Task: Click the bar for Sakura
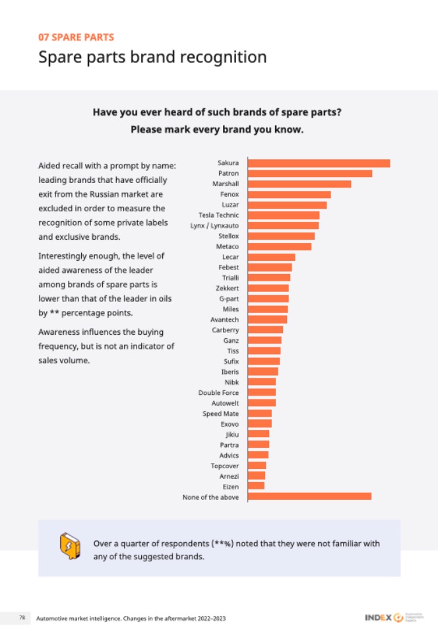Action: pos(319,163)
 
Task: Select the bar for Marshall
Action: pos(299,184)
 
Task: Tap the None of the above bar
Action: pos(309,497)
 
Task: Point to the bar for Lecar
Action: pos(271,257)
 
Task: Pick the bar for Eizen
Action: pos(256,486)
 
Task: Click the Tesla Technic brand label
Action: pos(218,215)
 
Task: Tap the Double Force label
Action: pos(218,393)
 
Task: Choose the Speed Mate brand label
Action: pos(220,413)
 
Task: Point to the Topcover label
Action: pos(224,466)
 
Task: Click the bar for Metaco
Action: pos(280,246)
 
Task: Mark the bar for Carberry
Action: pos(265,330)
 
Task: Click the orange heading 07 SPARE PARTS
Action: pos(76,37)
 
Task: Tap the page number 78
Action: pos(22,617)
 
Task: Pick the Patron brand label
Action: pos(228,174)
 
